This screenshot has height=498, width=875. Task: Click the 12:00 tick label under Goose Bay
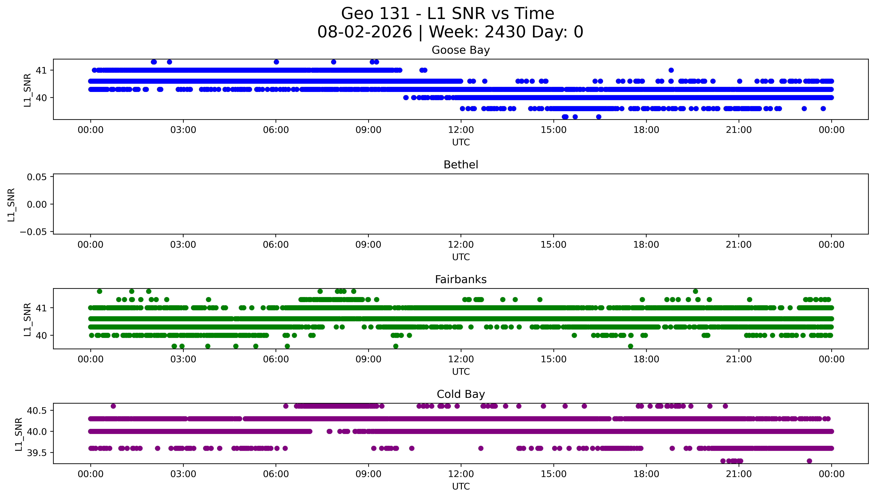tap(461, 130)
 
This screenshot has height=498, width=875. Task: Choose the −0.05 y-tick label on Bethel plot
tap(34, 232)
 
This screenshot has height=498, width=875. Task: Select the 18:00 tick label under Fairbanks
tap(646, 359)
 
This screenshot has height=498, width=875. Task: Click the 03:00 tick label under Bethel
tap(183, 244)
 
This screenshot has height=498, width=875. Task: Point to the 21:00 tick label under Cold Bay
tap(739, 474)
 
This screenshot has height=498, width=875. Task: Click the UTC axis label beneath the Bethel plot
tap(461, 257)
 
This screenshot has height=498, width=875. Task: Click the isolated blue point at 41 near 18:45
tap(671, 70)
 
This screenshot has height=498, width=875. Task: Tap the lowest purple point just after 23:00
tap(809, 461)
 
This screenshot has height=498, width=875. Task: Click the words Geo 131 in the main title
tap(375, 14)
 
